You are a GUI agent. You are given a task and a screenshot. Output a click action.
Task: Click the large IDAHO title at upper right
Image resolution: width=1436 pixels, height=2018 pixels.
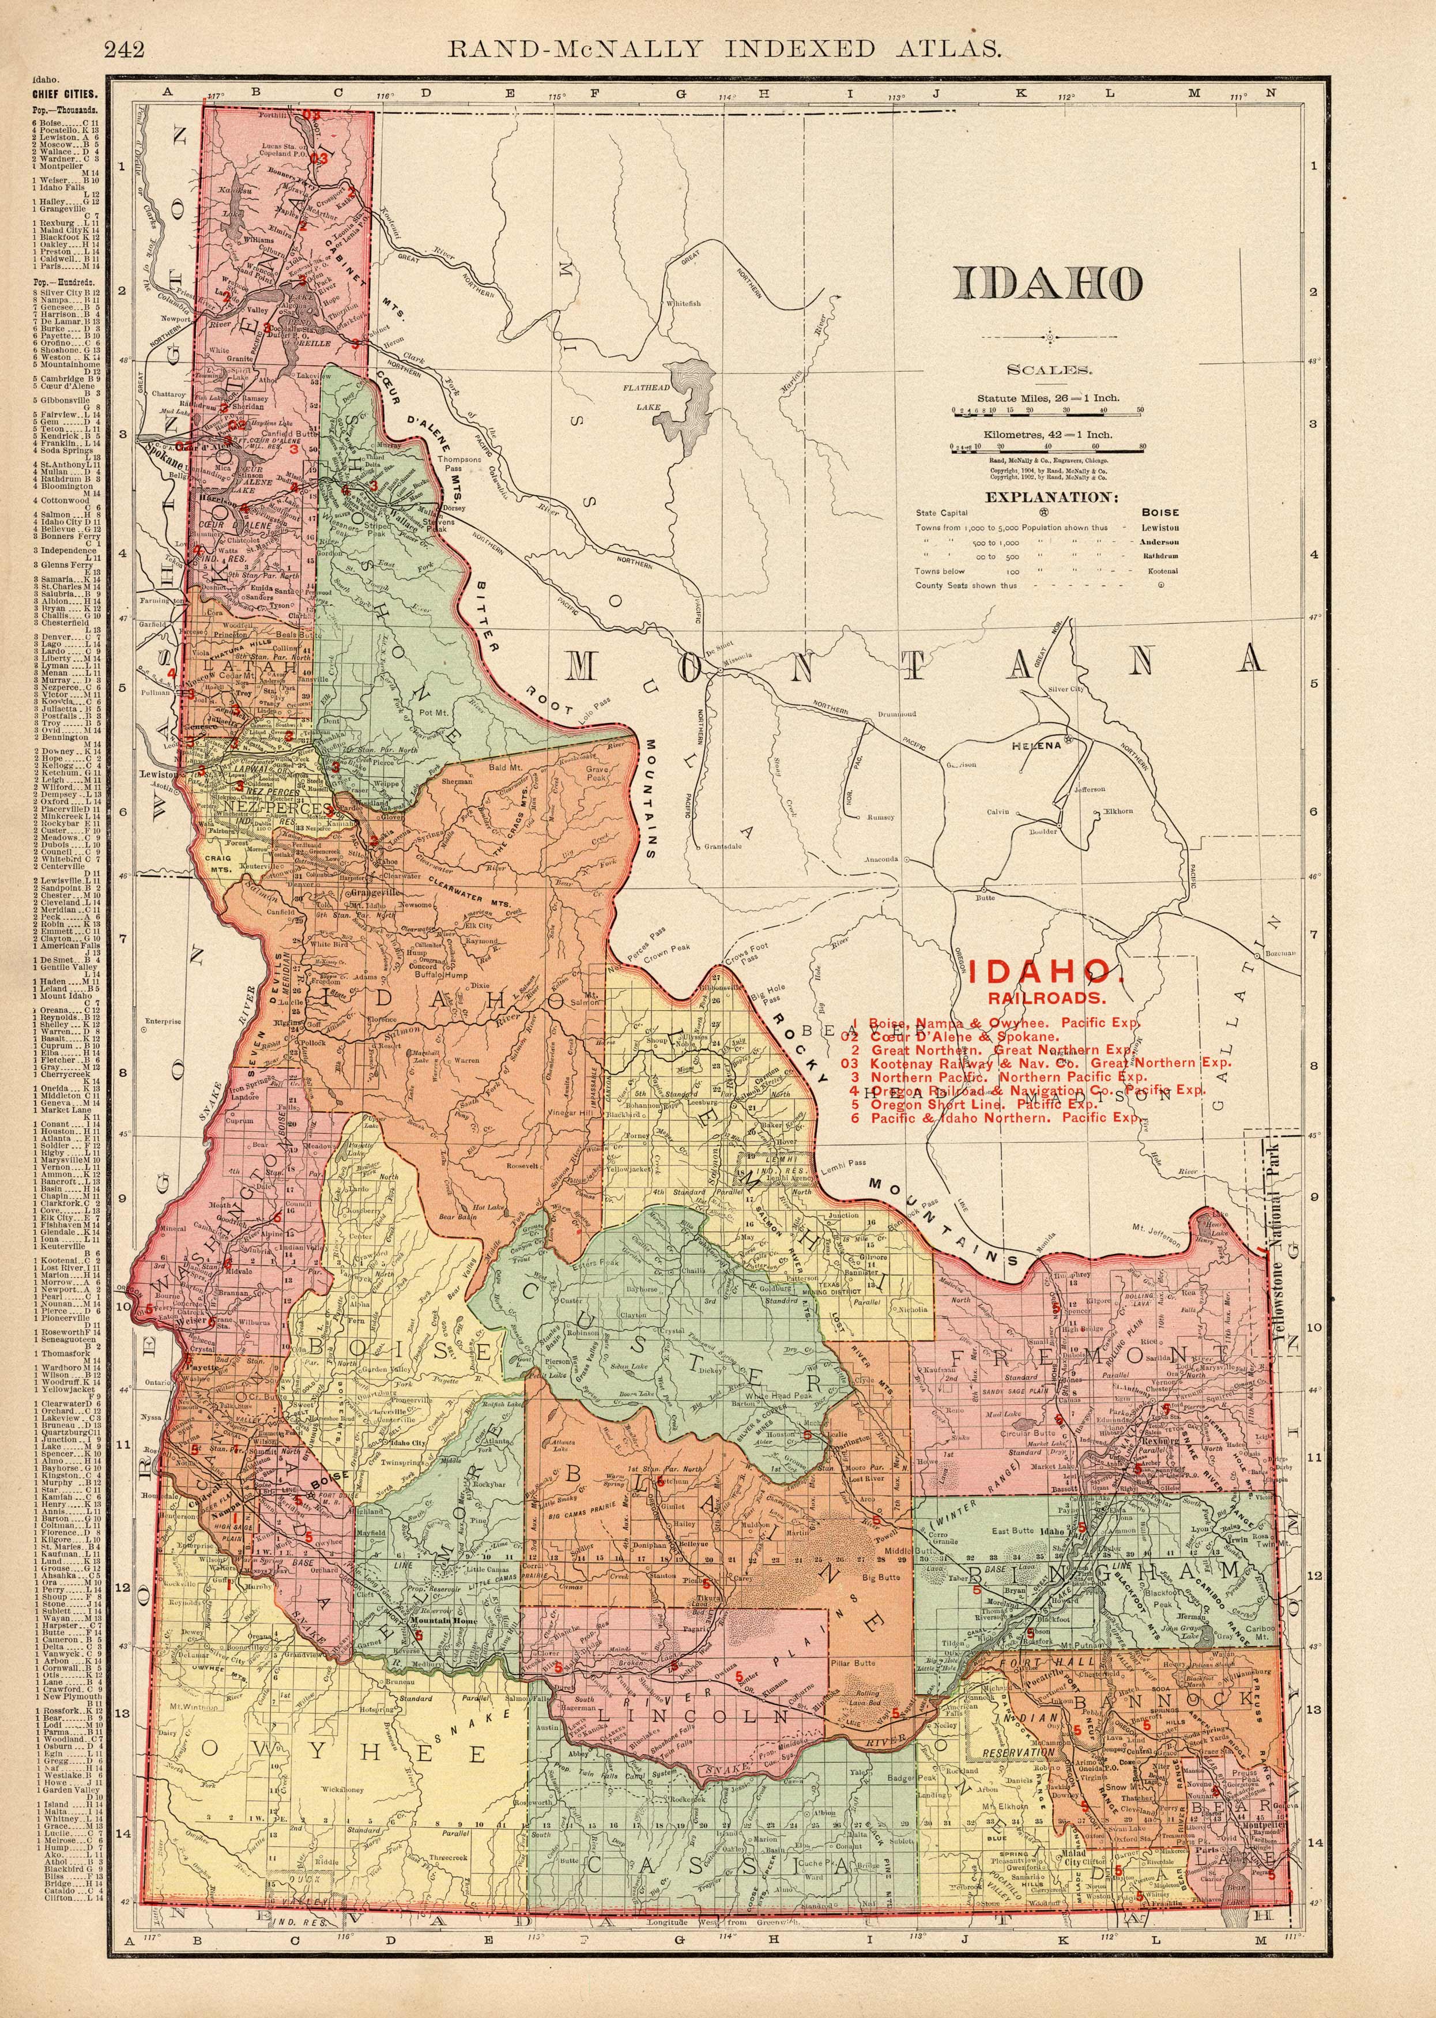[1047, 283]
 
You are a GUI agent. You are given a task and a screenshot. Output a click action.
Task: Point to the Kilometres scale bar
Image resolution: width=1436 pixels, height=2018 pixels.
[1046, 449]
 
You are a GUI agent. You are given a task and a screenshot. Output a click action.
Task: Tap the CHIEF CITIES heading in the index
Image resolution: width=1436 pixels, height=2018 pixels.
[63, 93]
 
